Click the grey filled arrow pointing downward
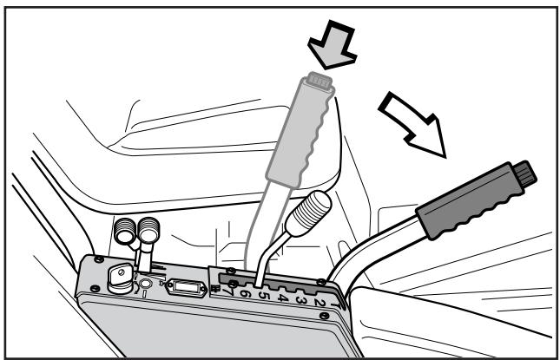point(333,45)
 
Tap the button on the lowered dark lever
point(524,173)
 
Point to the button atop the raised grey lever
point(320,81)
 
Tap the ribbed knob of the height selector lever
point(309,213)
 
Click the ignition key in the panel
point(120,278)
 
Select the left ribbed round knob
point(125,231)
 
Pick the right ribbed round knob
point(148,230)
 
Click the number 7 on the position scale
point(227,291)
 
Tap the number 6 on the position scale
point(245,293)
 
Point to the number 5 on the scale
point(263,296)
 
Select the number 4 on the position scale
point(282,298)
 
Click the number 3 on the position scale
point(301,300)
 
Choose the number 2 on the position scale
point(319,303)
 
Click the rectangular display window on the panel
point(186,287)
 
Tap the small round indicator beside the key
point(146,284)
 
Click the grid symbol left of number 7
point(215,289)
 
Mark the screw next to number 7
point(233,284)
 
